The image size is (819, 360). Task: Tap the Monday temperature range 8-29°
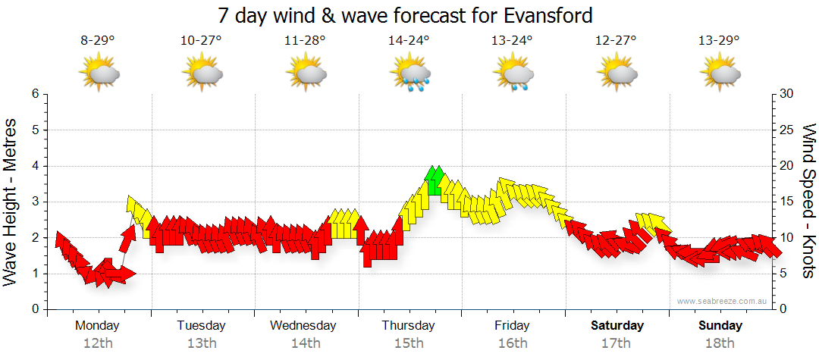(98, 41)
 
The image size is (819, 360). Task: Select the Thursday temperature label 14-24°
(409, 41)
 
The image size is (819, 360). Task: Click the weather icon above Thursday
(410, 74)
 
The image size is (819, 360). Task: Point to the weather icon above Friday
(514, 74)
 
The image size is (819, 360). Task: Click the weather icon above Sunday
(720, 74)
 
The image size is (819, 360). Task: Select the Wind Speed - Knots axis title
(808, 202)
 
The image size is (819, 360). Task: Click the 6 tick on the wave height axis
(34, 94)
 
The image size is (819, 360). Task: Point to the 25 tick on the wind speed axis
(788, 130)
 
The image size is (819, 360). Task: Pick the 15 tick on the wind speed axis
(788, 202)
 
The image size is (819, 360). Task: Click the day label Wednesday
(303, 326)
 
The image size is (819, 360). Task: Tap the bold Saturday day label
(617, 326)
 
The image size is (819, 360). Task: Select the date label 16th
(513, 343)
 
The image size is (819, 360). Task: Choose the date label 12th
(97, 343)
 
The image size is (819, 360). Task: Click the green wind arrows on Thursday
(435, 182)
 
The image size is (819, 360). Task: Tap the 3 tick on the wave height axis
(34, 202)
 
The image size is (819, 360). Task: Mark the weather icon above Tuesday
(202, 74)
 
